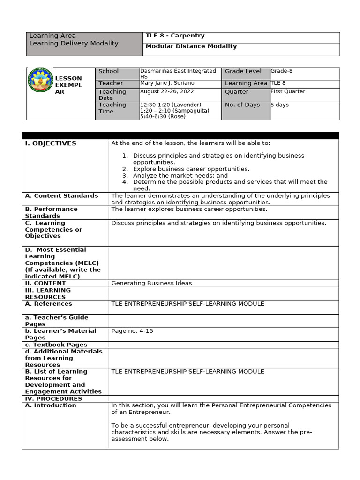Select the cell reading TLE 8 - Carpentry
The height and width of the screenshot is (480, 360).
pos(175,36)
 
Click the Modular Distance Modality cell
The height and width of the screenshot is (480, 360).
pos(191,46)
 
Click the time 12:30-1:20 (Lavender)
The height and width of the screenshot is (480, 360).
pos(171,105)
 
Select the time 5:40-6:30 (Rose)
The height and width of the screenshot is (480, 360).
pos(163,116)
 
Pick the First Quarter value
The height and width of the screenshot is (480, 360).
pos(288,91)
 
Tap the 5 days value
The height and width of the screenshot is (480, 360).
pos(280,105)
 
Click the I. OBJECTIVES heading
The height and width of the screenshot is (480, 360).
pos(51,143)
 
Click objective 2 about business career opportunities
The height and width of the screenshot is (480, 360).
pos(191,169)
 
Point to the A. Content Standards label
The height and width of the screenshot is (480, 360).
pos(61,196)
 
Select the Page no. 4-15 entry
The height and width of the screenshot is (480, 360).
pos(132,331)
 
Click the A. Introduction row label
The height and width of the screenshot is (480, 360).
pos(51,405)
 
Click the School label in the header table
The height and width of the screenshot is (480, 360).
pos(108,71)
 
